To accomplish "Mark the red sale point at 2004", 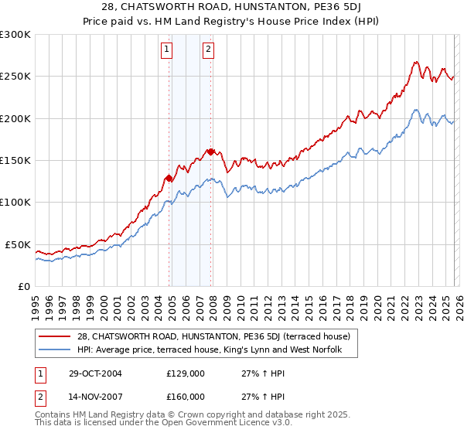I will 169,178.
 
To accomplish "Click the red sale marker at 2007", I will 210,152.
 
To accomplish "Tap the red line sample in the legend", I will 54,336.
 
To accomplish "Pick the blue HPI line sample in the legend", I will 54,350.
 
